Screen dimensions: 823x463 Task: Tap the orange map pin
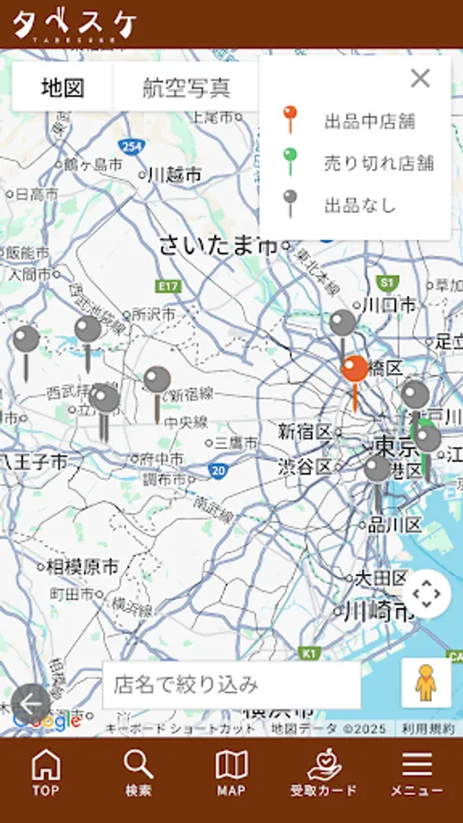tap(355, 370)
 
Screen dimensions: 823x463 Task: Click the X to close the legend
tap(420, 79)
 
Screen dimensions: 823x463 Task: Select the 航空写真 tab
tap(186, 88)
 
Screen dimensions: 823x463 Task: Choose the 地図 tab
tap(62, 88)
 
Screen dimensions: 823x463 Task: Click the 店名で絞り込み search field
tap(231, 685)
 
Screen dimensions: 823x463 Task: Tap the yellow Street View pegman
tap(425, 683)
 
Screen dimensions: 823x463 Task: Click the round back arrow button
tap(32, 703)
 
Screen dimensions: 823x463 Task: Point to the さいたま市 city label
tap(218, 245)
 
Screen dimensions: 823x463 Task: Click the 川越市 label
tap(174, 174)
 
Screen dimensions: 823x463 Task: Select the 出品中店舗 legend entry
tap(371, 121)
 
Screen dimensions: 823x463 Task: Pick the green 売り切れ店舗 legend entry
tap(378, 163)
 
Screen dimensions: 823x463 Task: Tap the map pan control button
tap(426, 593)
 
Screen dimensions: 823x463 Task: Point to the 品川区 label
tap(394, 525)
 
